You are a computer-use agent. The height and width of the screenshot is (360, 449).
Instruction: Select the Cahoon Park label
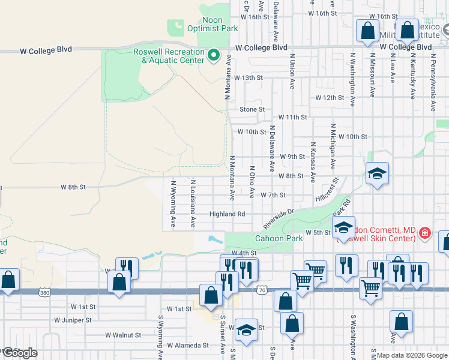click(x=279, y=238)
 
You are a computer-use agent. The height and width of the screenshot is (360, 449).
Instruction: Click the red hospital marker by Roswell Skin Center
click(x=425, y=232)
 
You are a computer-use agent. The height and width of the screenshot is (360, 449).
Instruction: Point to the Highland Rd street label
click(x=227, y=214)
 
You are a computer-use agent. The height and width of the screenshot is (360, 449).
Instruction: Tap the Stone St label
click(x=252, y=109)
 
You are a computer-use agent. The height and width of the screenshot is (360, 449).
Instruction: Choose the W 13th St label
click(x=249, y=78)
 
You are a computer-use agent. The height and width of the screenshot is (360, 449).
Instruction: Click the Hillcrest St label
click(x=326, y=189)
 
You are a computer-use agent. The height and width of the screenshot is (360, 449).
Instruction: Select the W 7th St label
click(x=273, y=195)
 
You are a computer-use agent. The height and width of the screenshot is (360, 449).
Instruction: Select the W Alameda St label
click(x=188, y=346)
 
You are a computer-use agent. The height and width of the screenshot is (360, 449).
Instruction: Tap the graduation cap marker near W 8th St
click(x=377, y=174)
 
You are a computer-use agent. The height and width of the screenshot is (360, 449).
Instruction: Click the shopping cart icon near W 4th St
click(x=315, y=271)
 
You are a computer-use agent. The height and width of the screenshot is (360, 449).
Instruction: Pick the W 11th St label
click(x=292, y=118)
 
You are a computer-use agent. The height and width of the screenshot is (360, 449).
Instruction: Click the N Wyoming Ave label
click(x=173, y=204)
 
